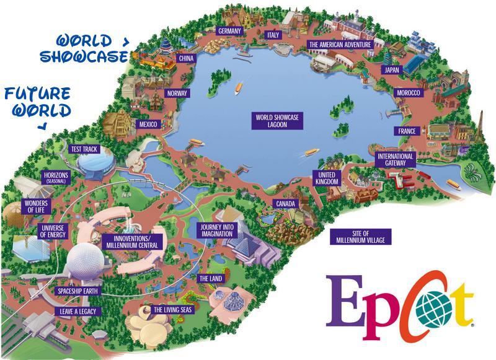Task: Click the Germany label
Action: point(228,31)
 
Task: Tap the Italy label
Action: point(273,35)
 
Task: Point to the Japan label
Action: point(391,70)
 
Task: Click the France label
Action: point(407,131)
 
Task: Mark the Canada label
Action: point(286,203)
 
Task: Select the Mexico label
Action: point(148,125)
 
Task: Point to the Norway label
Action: point(177,94)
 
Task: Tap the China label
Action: point(186,58)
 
